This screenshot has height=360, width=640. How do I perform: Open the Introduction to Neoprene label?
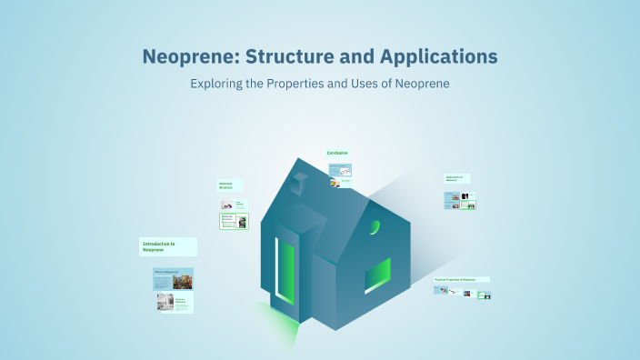pyautogui.click(x=168, y=246)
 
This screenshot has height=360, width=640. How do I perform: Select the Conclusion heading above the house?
pyautogui.click(x=337, y=153)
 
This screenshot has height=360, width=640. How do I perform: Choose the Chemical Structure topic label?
pyautogui.click(x=230, y=185)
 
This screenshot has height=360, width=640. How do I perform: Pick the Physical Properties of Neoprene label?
pyautogui.click(x=462, y=279)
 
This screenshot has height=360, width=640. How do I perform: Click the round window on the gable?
pyautogui.click(x=375, y=226)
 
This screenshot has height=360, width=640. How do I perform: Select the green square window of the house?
pyautogui.click(x=377, y=275)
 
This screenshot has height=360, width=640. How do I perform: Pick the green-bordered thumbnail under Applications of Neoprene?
pyautogui.click(x=468, y=204)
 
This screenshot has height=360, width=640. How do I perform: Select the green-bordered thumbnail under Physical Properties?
pyautogui.click(x=485, y=295)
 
